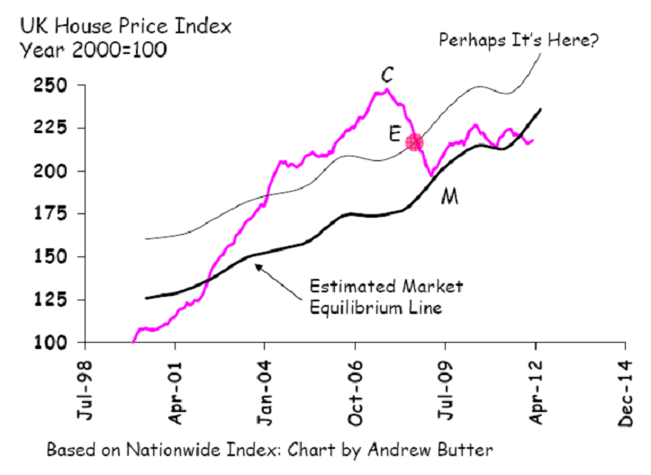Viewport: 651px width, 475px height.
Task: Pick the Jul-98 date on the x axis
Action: [x=86, y=390]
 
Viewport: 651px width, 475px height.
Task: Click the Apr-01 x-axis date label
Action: [x=176, y=390]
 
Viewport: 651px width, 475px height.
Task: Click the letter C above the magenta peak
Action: [x=386, y=72]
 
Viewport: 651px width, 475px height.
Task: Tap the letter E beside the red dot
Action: [x=394, y=134]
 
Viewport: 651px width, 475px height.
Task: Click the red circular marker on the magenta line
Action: [x=414, y=141]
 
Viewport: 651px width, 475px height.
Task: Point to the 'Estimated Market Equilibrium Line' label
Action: [x=385, y=296]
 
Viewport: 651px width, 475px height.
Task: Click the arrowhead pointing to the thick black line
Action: [x=257, y=264]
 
